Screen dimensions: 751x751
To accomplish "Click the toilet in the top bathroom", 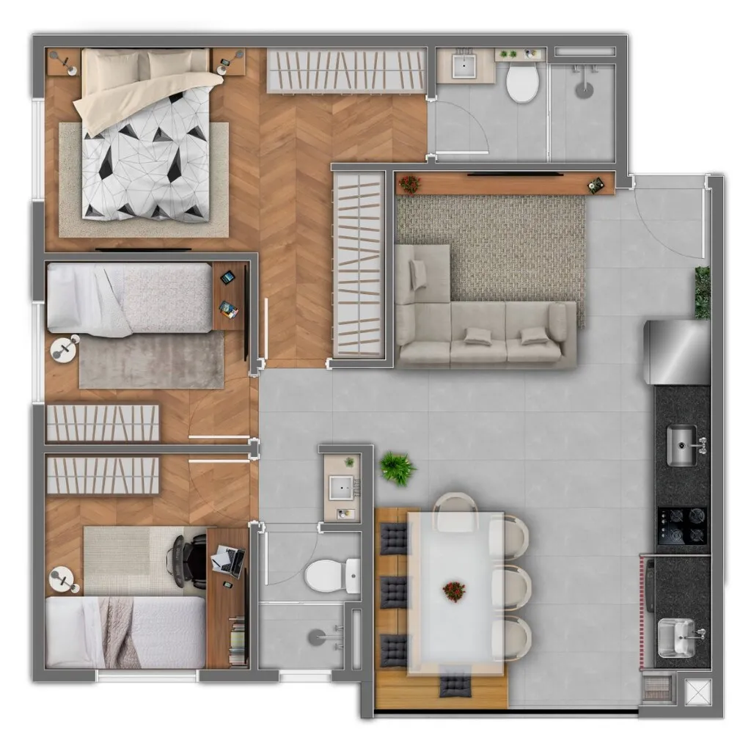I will pyautogui.click(x=523, y=83).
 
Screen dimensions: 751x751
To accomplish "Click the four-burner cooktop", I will pyautogui.click(x=682, y=526).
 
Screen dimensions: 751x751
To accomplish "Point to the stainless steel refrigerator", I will pyautogui.click(x=676, y=352).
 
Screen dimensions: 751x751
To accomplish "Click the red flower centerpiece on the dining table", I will pyautogui.click(x=454, y=590).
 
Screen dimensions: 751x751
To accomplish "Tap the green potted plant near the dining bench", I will pyautogui.click(x=398, y=468).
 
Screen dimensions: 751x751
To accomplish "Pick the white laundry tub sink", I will pyautogui.click(x=676, y=638).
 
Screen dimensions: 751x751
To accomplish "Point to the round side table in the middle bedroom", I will pyautogui.click(x=65, y=348).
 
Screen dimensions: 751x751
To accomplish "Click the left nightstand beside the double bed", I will pyautogui.click(x=63, y=62).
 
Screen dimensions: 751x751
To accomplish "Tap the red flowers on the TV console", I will pyautogui.click(x=409, y=183).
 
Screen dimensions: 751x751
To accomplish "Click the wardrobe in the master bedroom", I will pyautogui.click(x=346, y=70).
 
